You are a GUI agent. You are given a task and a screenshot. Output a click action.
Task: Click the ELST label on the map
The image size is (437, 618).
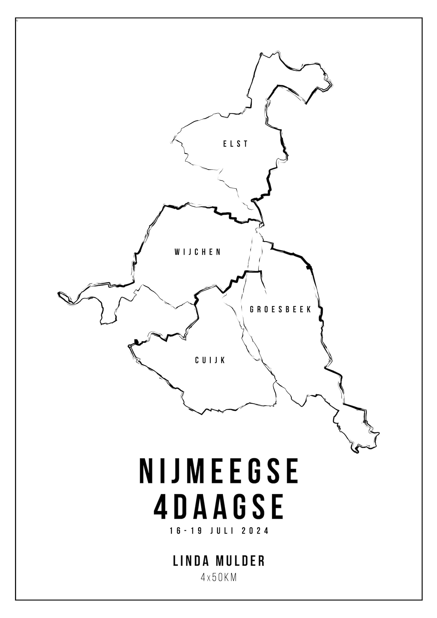pos(235,144)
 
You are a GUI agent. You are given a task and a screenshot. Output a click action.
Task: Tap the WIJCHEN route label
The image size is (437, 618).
pos(198,252)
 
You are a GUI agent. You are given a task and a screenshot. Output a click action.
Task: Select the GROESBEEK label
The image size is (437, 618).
pos(280,309)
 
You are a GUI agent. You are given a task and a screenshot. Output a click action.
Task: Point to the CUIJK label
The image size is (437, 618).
pos(210,360)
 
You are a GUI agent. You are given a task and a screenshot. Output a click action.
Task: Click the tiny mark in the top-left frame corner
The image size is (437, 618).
pos(17,20)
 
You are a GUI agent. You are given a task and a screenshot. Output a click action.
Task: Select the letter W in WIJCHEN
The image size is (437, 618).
pos(177,252)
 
